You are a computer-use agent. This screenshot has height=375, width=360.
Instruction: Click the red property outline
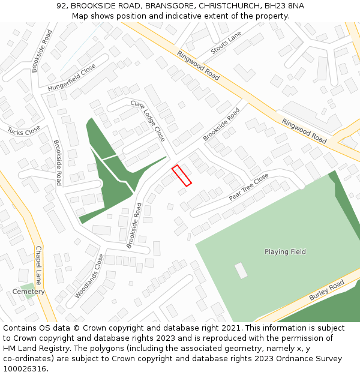tap(182, 175)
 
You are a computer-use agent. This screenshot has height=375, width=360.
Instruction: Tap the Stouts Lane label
tap(225, 43)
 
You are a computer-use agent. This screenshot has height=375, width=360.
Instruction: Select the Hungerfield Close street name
tap(71, 79)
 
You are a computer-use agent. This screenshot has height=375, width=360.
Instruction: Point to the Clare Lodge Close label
tap(148, 121)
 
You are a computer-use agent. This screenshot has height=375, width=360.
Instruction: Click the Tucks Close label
tap(24, 130)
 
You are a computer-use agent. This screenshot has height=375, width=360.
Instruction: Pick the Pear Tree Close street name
tap(248, 188)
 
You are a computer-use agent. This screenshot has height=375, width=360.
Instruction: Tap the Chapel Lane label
tap(38, 265)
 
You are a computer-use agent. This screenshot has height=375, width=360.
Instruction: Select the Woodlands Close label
tap(89, 276)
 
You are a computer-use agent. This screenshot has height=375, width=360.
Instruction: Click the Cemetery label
tap(29, 292)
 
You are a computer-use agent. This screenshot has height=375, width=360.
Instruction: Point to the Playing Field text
tap(285, 252)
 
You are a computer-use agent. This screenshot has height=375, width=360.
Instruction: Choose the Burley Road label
tap(326, 290)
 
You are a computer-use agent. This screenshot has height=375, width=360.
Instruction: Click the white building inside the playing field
tap(241, 271)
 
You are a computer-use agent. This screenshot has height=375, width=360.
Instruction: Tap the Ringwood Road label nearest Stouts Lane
tap(198, 65)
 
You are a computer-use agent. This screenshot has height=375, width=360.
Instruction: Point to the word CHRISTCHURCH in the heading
tap(230, 6)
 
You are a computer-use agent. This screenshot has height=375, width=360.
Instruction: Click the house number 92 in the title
tap(61, 6)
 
